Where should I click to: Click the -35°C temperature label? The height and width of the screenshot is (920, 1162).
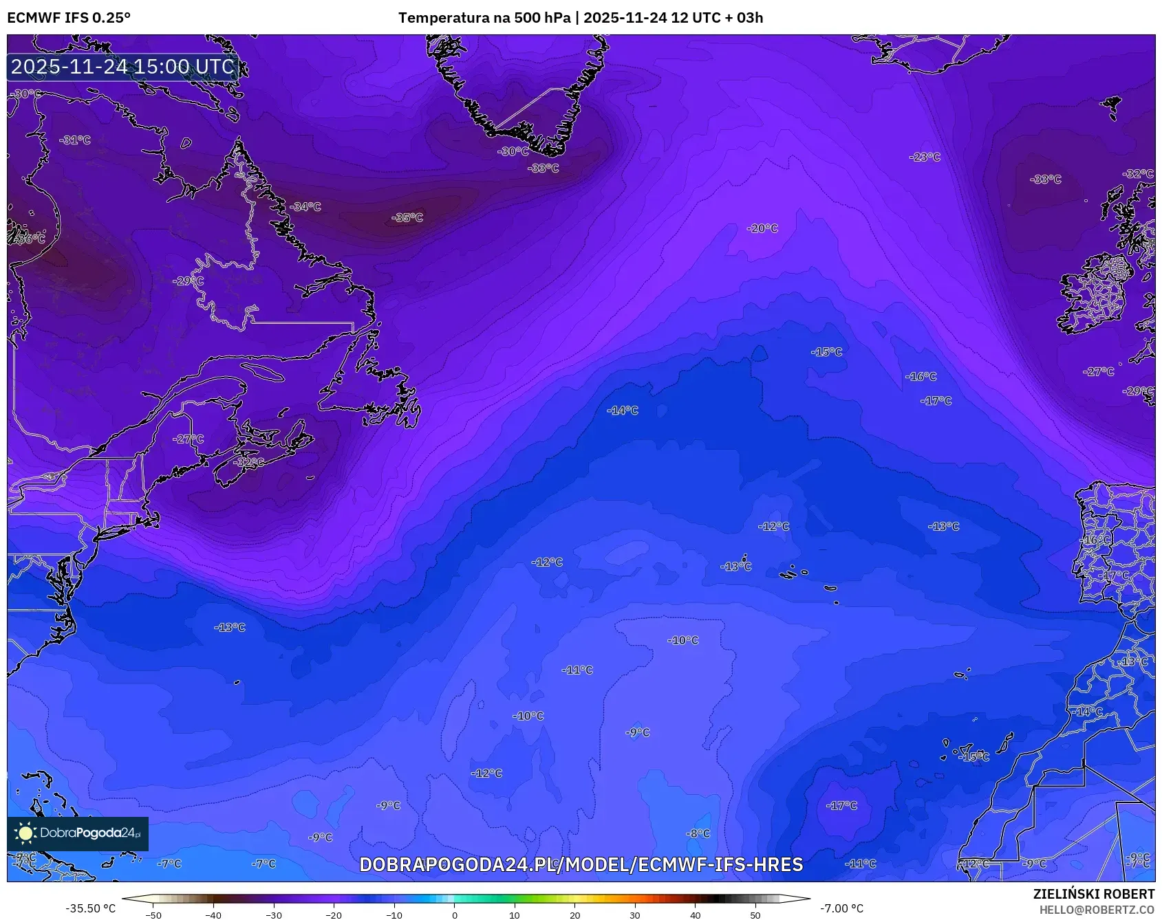407,217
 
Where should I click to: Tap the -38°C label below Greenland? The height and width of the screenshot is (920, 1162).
543,168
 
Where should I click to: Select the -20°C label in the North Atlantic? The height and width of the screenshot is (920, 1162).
762,228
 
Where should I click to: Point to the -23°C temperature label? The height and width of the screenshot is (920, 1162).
925,157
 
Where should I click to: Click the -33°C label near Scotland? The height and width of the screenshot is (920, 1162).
1045,179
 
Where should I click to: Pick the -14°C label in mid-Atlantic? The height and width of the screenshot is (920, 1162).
622,410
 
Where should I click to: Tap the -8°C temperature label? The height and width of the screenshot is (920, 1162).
698,833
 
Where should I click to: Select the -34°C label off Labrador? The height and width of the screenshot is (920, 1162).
305,206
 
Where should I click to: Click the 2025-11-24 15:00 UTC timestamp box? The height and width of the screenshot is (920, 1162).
123,67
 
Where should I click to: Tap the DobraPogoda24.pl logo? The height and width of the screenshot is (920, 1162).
78,833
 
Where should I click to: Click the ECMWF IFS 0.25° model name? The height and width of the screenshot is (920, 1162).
69,18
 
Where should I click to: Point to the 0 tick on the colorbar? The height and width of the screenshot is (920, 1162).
454,915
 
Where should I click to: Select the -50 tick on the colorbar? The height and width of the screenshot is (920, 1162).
153,915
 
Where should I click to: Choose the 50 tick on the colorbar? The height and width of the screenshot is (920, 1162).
755,915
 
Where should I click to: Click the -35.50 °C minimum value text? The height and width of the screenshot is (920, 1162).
90,908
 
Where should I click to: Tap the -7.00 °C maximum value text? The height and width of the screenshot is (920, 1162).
841,908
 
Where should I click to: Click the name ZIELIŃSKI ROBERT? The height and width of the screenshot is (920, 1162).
1093,894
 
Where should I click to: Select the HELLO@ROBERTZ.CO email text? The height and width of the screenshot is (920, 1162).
1097,910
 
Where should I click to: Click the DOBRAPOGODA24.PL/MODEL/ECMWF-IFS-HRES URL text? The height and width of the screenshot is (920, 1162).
581,864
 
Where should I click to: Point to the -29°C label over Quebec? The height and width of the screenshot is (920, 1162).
188,281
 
